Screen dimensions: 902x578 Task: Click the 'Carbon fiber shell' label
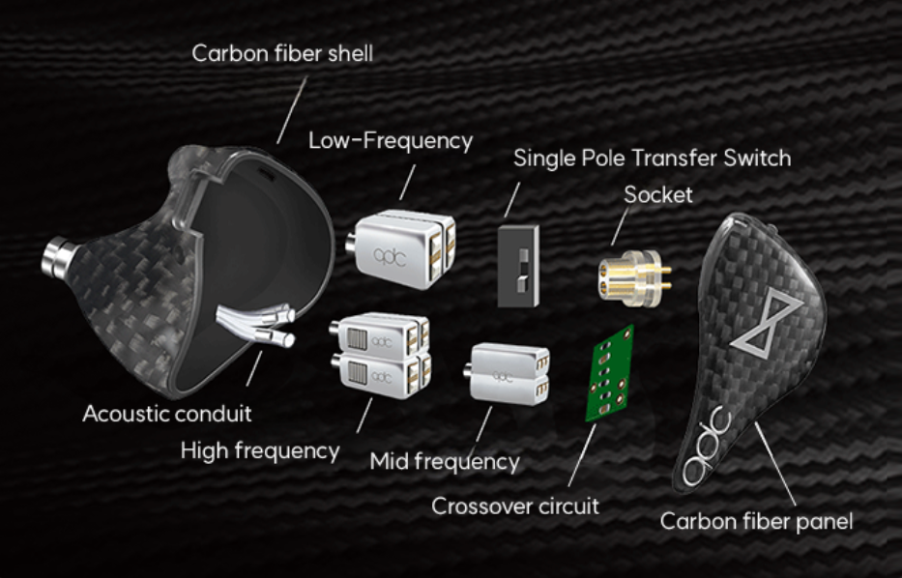[x=282, y=53]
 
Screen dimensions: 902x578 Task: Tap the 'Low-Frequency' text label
[x=391, y=140]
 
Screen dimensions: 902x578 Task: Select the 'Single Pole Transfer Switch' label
[x=652, y=159]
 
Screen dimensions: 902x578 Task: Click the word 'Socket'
[x=658, y=195]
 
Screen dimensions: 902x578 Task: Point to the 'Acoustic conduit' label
[x=167, y=414]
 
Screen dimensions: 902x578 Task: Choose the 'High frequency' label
[x=260, y=450]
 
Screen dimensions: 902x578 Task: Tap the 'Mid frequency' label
[x=445, y=461]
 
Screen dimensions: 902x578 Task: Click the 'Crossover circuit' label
[x=515, y=506]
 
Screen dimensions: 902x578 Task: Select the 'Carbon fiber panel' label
[x=756, y=521]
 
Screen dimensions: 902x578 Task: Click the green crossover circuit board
[x=610, y=373]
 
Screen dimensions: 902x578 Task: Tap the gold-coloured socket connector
[x=634, y=277]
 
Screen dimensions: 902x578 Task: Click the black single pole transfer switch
[x=518, y=266]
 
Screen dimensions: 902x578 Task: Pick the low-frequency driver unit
[x=401, y=248]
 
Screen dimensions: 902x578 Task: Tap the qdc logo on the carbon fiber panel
[x=707, y=447]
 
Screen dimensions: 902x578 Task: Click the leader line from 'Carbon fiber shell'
[x=292, y=110]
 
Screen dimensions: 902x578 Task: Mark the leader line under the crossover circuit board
[x=582, y=455]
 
